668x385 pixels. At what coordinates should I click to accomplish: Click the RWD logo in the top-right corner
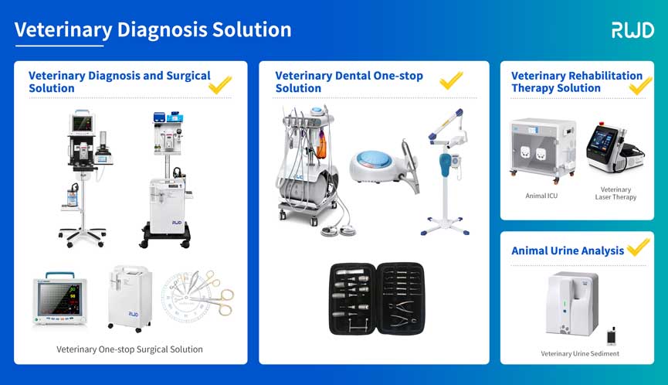[x=632, y=30]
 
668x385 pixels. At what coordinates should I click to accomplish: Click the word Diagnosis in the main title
[x=161, y=30]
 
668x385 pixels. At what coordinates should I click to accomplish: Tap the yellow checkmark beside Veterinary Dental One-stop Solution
[x=451, y=80]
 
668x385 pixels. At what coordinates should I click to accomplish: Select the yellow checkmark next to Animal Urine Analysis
[x=638, y=247]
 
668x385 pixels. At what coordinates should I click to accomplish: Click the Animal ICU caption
[x=541, y=196]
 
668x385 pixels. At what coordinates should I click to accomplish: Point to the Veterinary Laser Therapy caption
[x=615, y=193]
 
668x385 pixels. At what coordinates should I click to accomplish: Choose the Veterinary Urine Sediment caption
[x=580, y=353]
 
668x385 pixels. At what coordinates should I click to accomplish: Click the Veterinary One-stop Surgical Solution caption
[x=130, y=349]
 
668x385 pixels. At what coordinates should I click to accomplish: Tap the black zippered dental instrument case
[x=377, y=298]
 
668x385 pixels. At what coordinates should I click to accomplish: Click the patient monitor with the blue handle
[x=60, y=298]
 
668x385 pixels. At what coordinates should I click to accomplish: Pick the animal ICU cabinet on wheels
[x=543, y=151]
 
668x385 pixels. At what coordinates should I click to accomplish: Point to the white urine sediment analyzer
[x=572, y=304]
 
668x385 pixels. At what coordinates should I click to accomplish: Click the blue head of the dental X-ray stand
[x=445, y=165]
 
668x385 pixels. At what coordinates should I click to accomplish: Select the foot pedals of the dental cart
[x=339, y=230]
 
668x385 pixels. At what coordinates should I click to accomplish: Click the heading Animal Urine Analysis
[x=568, y=250]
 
